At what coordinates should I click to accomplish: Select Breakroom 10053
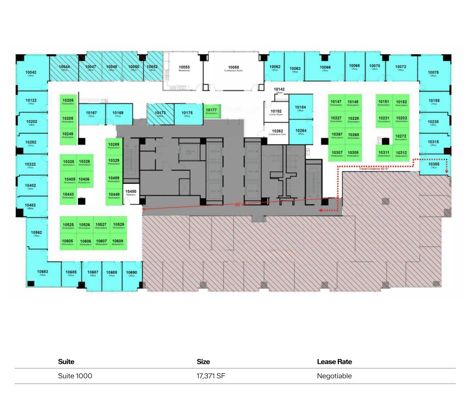tap(184, 69)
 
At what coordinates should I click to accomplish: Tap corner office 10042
tap(31, 74)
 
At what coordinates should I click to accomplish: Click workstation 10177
tap(211, 111)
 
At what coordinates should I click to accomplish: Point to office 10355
tap(433, 165)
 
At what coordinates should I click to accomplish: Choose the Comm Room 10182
tap(276, 113)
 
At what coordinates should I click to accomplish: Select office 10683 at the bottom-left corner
tap(42, 273)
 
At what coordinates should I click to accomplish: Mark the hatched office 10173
tap(160, 114)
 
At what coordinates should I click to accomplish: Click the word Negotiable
tap(334, 376)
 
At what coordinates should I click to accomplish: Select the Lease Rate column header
tap(334, 362)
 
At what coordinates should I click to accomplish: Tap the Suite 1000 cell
tap(75, 376)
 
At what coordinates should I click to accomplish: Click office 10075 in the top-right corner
tap(433, 74)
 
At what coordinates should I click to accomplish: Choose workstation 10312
tap(401, 154)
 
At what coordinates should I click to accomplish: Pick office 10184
tap(300, 108)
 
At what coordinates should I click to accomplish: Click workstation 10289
tap(114, 145)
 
